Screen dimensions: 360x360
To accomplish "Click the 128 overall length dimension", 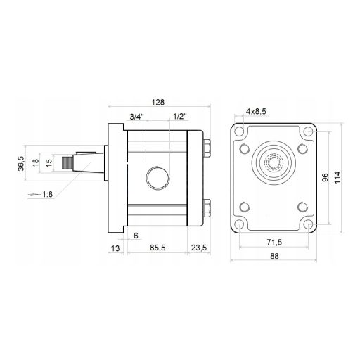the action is click(x=158, y=102).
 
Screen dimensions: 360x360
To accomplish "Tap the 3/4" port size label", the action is click(x=136, y=117).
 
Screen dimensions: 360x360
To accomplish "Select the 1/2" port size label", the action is click(x=179, y=117).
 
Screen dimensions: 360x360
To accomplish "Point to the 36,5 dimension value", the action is click(x=21, y=163).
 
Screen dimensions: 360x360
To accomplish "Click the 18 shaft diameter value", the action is click(x=36, y=162).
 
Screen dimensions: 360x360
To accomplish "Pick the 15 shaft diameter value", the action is click(x=49, y=162).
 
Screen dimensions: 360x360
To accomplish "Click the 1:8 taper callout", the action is click(x=47, y=194).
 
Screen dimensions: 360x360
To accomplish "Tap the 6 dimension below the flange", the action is click(x=136, y=236).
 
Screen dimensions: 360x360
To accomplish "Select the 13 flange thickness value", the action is click(x=115, y=248).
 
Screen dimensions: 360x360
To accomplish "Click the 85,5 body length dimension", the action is click(x=157, y=247).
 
